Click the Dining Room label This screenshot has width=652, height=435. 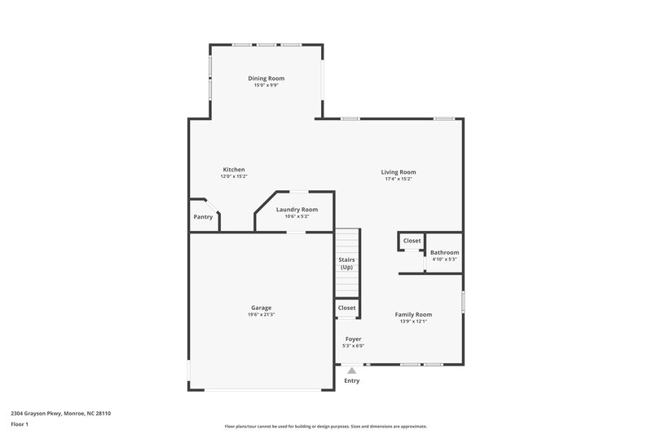coord(267,78)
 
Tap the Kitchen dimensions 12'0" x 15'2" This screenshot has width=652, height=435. coord(233,176)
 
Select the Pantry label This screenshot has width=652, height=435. coord(203,217)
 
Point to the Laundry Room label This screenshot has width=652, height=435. coord(297,210)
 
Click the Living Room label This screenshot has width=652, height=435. coord(399,172)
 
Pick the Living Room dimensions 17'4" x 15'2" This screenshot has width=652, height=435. coord(399,180)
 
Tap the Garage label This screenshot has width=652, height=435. coord(261,308)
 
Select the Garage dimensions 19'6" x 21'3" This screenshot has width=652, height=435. coord(261,315)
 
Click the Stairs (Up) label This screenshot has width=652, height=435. coord(346,264)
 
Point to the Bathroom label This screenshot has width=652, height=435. coord(444,253)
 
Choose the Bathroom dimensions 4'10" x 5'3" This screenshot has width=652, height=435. coord(444,260)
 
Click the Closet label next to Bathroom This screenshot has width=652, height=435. coord(412,241)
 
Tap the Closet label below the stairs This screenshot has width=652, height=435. coord(346,308)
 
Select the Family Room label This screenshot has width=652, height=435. coord(413,314)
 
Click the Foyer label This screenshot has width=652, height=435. coord(353,339)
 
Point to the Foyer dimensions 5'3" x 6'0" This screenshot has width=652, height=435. coord(353,346)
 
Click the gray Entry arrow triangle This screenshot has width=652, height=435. coord(352,370)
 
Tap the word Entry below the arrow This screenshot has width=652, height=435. coord(352,381)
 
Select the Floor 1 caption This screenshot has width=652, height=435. coord(20,425)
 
